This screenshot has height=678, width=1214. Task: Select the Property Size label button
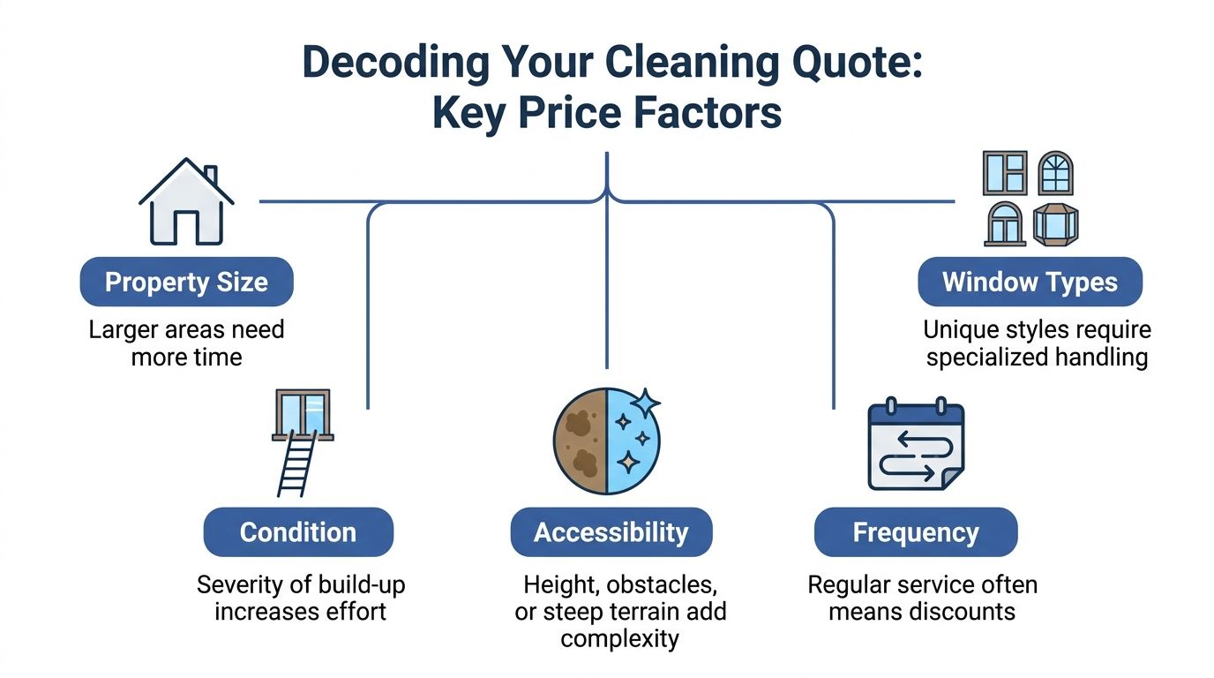tap(186, 282)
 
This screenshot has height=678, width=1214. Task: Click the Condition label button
tap(298, 532)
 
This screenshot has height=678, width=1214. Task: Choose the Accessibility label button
tap(611, 532)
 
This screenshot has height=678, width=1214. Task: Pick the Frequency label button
tap(915, 532)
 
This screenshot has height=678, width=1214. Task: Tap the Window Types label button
tap(1030, 282)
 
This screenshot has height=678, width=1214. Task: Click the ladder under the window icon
tap(297, 466)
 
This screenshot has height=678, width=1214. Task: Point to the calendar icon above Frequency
tap(916, 446)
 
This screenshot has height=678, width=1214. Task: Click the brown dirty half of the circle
tap(580, 440)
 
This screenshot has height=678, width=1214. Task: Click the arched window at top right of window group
tap(1056, 173)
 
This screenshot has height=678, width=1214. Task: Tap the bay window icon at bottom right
tap(1056, 223)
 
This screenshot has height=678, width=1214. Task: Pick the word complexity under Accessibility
tap(619, 638)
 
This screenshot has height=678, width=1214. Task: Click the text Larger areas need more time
tap(186, 343)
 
